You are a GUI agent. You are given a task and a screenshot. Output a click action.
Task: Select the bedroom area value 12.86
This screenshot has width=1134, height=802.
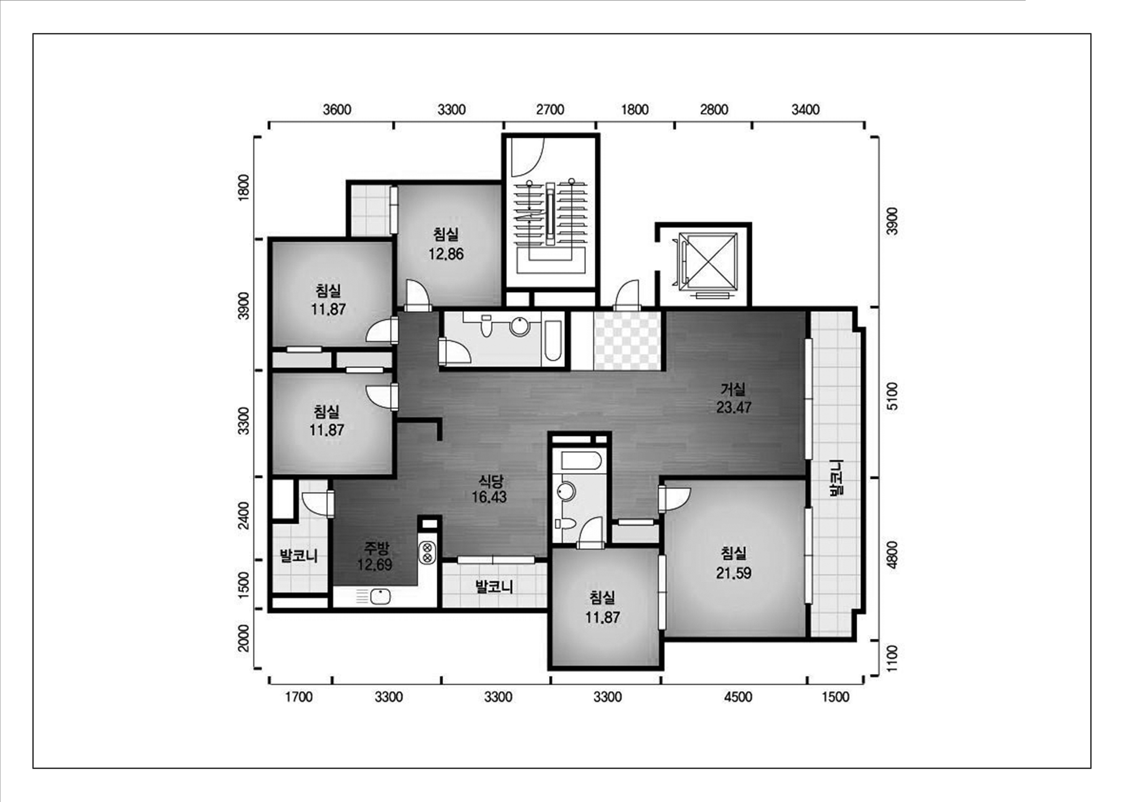(446, 254)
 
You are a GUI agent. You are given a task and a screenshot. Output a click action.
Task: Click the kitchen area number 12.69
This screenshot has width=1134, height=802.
(375, 564)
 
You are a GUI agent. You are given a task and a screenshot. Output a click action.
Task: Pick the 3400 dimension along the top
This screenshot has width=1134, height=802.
(806, 109)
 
